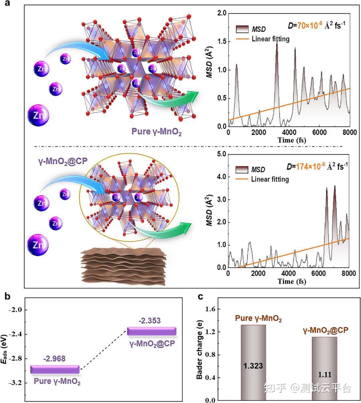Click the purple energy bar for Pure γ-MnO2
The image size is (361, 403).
tap(55, 370)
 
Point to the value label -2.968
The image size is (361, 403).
tap(54, 359)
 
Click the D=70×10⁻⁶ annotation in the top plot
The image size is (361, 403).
tap(315, 25)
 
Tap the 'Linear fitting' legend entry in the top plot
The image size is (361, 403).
tap(270, 39)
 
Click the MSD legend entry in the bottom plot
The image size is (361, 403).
tap(258, 170)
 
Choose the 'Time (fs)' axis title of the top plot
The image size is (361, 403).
tap(291, 140)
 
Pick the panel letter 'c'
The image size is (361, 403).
tap(201, 296)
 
